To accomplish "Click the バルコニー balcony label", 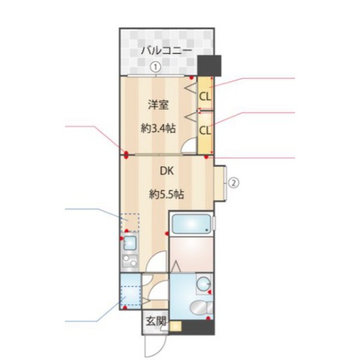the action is [166, 50].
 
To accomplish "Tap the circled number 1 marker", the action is [155, 67].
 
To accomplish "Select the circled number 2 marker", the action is [233, 183].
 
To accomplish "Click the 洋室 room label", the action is [158, 105].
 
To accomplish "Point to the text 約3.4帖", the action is [158, 129].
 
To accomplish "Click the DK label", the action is [166, 171].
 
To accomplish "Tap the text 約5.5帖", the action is [166, 195].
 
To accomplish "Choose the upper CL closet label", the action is [205, 97].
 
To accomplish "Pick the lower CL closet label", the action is [205, 130].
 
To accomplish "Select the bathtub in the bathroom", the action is [192, 224].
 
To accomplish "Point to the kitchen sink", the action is [130, 243].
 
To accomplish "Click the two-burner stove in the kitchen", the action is [130, 261].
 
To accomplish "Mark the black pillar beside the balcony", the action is [210, 66].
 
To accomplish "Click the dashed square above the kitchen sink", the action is [130, 222].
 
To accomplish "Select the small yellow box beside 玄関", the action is [175, 326].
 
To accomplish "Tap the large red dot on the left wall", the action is [126, 155].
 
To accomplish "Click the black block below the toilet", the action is [198, 327].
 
